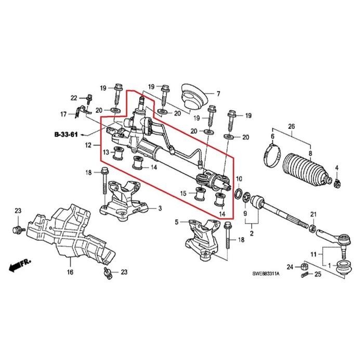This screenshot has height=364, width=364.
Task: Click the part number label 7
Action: [x=218, y=94]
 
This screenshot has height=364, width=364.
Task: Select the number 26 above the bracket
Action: [x=291, y=126]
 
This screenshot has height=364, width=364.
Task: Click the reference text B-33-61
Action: [x=66, y=135]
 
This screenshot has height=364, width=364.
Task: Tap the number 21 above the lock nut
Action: [x=313, y=215]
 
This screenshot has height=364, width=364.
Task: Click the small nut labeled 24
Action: [x=306, y=267]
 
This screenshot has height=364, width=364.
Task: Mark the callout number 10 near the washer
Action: [x=239, y=179]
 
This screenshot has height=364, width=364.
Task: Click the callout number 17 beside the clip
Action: [x=63, y=114]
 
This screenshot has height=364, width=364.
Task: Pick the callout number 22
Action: [x=73, y=98]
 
